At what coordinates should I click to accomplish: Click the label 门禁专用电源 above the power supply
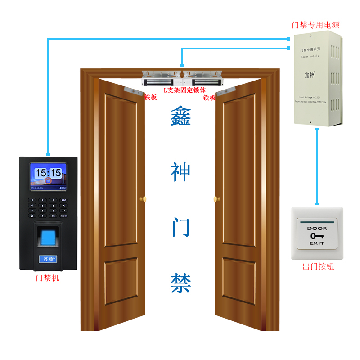pyautogui.click(x=315, y=25)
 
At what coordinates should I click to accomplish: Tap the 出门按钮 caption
pyautogui.click(x=318, y=266)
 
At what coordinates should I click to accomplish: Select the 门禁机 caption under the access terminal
pyautogui.click(x=47, y=278)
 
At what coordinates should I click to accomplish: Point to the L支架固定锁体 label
pyautogui.click(x=184, y=90)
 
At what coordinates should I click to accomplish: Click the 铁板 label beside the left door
pyautogui.click(x=150, y=97)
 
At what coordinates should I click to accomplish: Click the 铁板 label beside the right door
pyautogui.click(x=209, y=97)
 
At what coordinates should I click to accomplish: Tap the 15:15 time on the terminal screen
pyautogui.click(x=48, y=172)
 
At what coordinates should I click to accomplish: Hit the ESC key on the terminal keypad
pyautogui.click(x=63, y=200)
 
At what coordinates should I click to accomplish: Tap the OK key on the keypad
pyautogui.click(x=53, y=216)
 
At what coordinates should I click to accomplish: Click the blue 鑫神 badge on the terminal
pyautogui.click(x=47, y=259)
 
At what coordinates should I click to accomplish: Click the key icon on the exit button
pyautogui.click(x=317, y=235)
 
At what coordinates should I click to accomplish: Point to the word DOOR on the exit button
pyautogui.click(x=317, y=229)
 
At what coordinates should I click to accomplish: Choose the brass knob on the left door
pyautogui.click(x=144, y=198)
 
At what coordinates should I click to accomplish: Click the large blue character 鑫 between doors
pyautogui.click(x=180, y=117)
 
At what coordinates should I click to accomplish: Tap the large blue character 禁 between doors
pyautogui.click(x=180, y=283)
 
